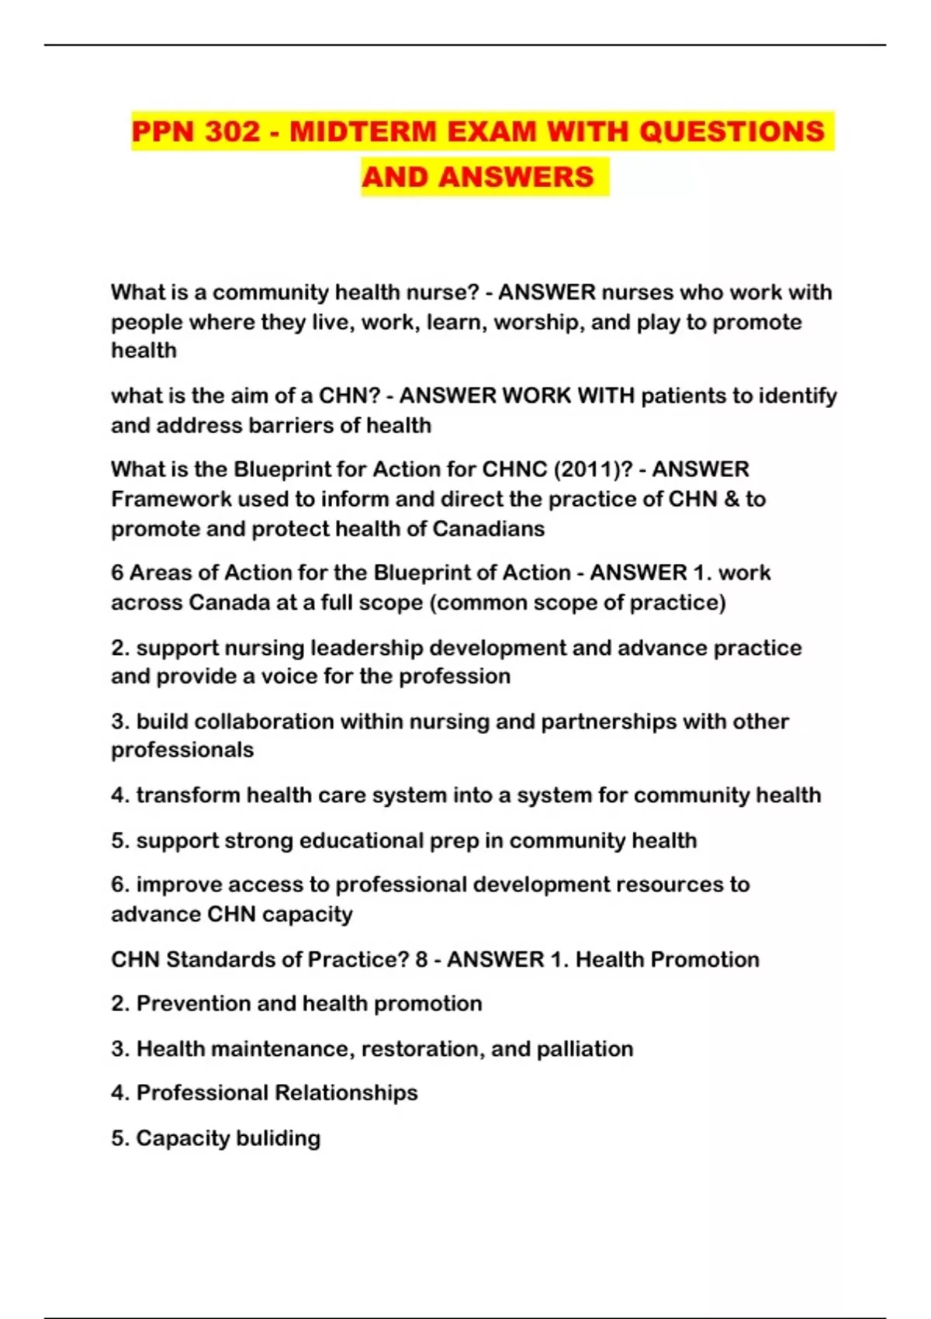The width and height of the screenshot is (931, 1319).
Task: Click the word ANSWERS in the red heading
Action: pos(515,177)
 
